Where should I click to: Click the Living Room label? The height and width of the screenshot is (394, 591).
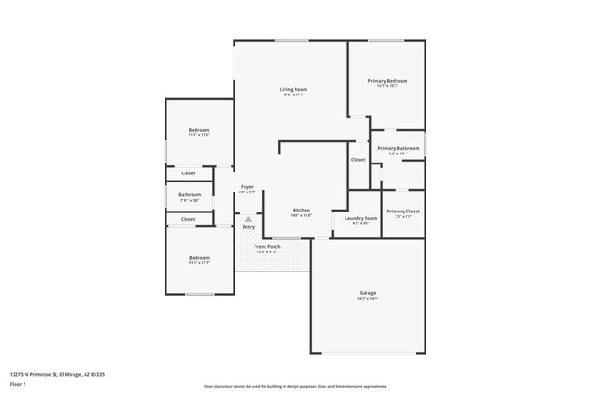pyautogui.click(x=293, y=89)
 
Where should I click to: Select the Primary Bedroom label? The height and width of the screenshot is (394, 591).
pyautogui.click(x=387, y=81)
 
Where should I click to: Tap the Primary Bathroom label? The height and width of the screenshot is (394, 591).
pyautogui.click(x=398, y=148)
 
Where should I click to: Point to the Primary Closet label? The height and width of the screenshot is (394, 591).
pyautogui.click(x=403, y=212)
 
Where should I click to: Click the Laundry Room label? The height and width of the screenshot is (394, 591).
pyautogui.click(x=360, y=218)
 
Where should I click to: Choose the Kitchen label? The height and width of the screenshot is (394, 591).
pyautogui.click(x=301, y=211)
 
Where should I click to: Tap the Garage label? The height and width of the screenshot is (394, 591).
pyautogui.click(x=368, y=293)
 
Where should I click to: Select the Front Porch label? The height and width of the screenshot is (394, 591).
pyautogui.click(x=267, y=246)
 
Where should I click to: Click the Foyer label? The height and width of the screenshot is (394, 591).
pyautogui.click(x=246, y=187)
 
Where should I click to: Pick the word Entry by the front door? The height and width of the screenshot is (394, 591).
pyautogui.click(x=248, y=227)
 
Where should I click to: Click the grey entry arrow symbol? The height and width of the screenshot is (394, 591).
pyautogui.click(x=248, y=219)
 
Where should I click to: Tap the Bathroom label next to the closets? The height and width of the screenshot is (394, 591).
pyautogui.click(x=189, y=195)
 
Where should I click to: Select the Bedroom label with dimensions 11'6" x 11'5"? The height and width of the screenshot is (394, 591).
pyautogui.click(x=199, y=131)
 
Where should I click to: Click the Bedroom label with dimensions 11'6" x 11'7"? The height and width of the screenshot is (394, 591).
pyautogui.click(x=199, y=258)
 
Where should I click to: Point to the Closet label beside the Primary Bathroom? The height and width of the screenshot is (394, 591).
pyautogui.click(x=357, y=160)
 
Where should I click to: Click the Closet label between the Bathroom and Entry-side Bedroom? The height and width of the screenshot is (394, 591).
pyautogui.click(x=187, y=219)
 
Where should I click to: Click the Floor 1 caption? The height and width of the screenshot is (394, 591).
pyautogui.click(x=18, y=384)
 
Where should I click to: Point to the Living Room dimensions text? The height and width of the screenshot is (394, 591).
pyautogui.click(x=293, y=94)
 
